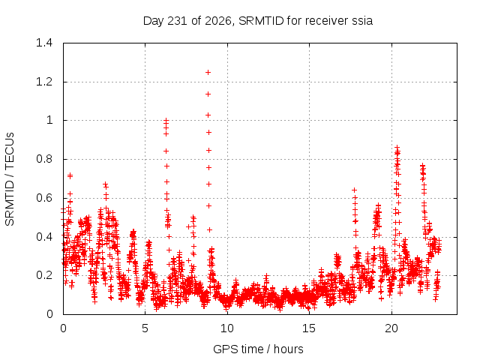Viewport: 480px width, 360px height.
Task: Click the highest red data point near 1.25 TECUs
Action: pos(208,73)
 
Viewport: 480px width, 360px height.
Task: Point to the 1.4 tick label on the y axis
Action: pos(44,43)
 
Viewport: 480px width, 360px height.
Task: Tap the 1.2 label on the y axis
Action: pos(44,82)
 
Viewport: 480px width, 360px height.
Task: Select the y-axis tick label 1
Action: pos(49,120)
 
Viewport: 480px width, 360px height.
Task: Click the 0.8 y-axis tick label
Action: pos(44,159)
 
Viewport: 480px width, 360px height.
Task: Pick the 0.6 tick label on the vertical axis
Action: pos(44,198)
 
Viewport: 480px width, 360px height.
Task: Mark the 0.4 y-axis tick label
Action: pos(44,237)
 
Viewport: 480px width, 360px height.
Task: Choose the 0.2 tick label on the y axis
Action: pos(44,275)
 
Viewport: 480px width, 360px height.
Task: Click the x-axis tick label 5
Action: pos(145,328)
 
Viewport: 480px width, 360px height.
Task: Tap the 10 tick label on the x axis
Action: pos(227,328)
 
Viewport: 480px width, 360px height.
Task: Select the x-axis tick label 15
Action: pos(309,328)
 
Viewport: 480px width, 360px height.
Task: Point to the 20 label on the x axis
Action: pos(391,328)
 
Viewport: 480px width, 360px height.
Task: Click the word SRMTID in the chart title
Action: pos(261,21)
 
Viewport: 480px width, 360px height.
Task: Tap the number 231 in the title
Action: pos(178,21)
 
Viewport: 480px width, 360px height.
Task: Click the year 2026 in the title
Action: pos(218,21)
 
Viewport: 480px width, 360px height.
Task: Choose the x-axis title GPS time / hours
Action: pos(258,349)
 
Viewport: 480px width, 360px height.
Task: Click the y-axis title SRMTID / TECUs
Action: pos(10,179)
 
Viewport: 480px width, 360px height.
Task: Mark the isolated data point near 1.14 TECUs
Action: pos(208,94)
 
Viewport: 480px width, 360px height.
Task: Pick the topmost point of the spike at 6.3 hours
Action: pos(166,120)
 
